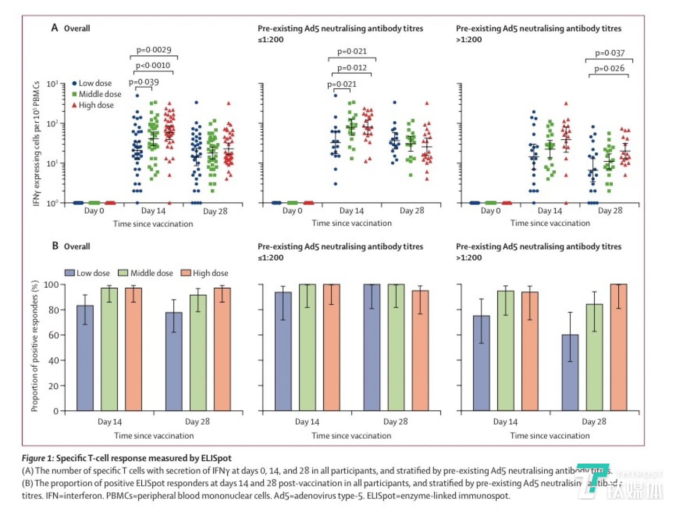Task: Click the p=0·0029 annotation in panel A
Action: coord(154,50)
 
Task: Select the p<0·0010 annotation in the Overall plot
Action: coord(153,65)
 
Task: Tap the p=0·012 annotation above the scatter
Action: coord(352,68)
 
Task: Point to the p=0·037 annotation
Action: coord(609,53)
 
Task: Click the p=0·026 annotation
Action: coord(609,69)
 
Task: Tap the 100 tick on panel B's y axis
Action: coord(51,284)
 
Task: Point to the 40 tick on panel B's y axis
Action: coord(54,361)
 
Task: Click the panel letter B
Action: coord(55,246)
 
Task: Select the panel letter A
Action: coord(55,28)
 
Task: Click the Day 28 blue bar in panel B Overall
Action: coord(174,362)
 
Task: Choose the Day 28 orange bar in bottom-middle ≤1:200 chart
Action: coord(420,351)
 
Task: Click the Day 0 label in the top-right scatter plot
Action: coord(491,211)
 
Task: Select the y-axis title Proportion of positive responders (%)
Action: coord(35,346)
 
